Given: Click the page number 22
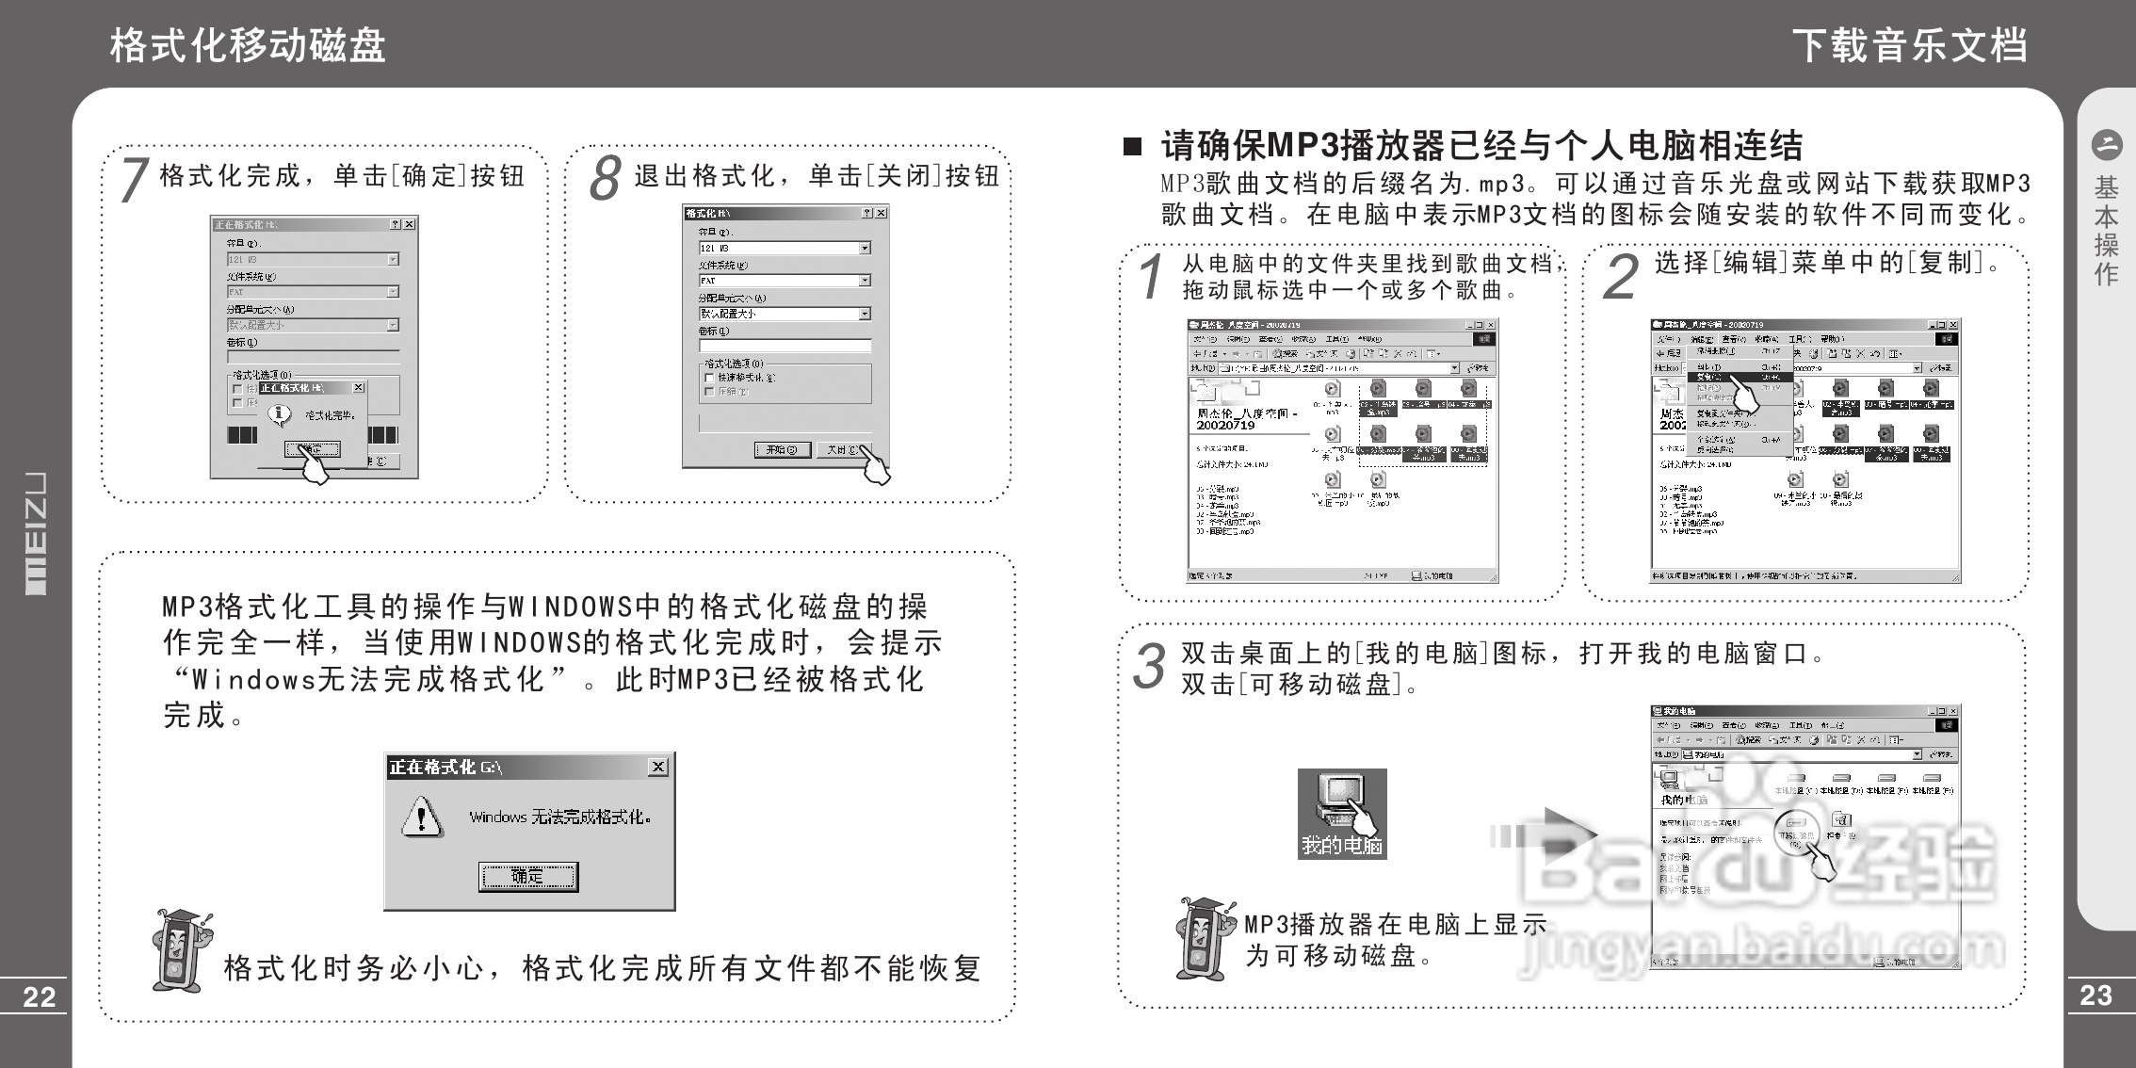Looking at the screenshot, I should tap(39, 997).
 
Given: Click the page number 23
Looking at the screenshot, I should tap(2096, 995).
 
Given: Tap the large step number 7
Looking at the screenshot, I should tap(134, 179).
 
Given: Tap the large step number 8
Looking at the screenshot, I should tap(605, 179).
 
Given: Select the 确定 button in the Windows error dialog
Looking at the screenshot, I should tap(527, 877).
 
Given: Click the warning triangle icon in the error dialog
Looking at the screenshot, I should tap(422, 816).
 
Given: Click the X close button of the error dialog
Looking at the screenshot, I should tap(658, 768).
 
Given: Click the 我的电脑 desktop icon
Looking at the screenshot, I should tap(1341, 812).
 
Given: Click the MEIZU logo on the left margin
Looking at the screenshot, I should tap(35, 533).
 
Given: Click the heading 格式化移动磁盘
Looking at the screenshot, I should tap(248, 45).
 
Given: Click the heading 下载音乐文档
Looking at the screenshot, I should tap(1909, 45).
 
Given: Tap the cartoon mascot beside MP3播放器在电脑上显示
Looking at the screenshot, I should tap(1203, 937).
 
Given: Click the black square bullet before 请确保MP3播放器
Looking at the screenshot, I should tap(1132, 147).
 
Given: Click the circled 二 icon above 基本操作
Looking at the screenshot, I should tap(2106, 145).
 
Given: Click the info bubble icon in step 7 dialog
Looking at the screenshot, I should tap(279, 413).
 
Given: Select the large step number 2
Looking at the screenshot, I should tap(1620, 277).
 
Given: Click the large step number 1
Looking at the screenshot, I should tap(1151, 277).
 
